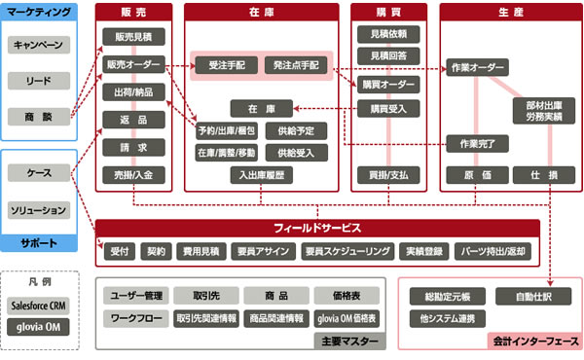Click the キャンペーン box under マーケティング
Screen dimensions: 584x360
[x=39, y=46]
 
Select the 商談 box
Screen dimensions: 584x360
[x=39, y=116]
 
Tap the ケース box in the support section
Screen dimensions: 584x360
[x=39, y=172]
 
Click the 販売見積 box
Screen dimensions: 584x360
[x=132, y=37]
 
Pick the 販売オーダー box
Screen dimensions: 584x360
[x=132, y=65]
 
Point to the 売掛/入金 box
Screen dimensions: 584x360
[x=132, y=175]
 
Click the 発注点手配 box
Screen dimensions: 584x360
[x=296, y=65]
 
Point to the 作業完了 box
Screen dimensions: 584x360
[x=477, y=144]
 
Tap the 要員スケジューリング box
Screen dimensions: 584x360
[x=347, y=251]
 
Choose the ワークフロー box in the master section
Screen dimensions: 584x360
[x=136, y=318]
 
